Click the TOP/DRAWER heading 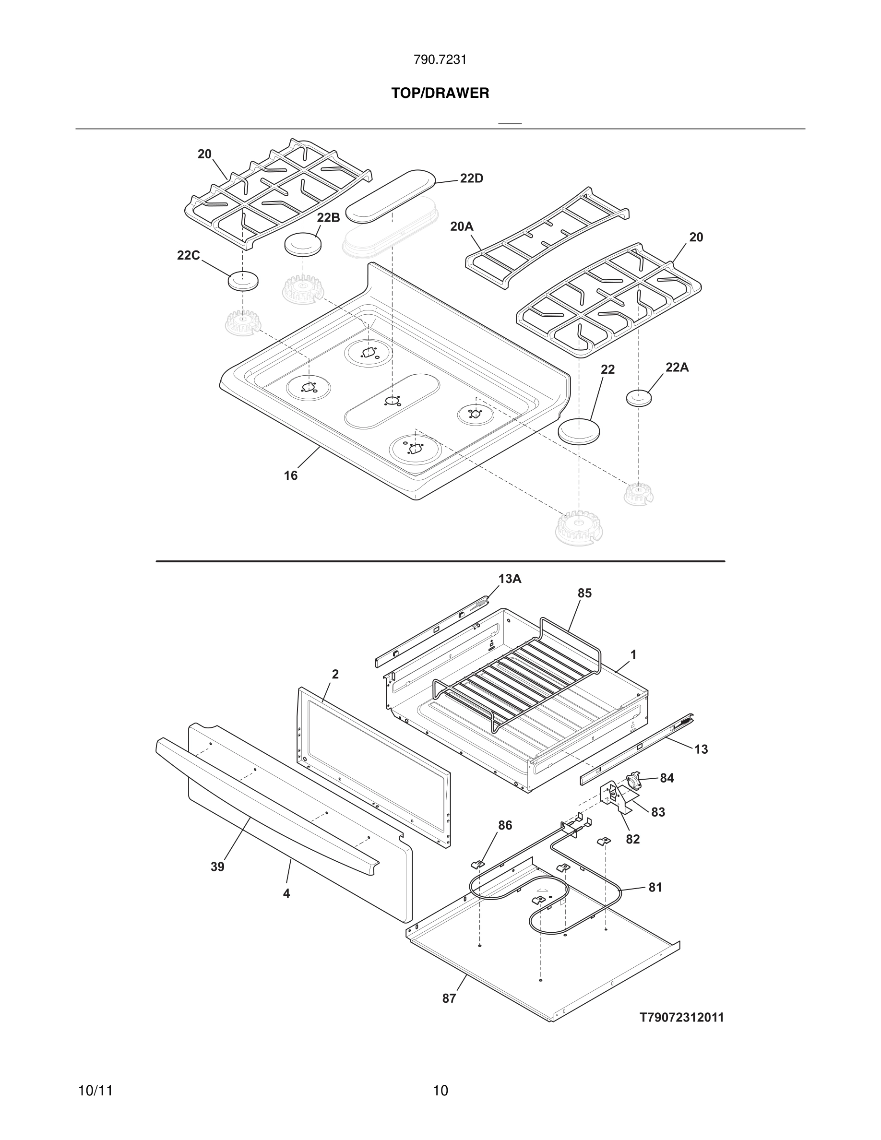coord(440,94)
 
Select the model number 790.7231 coord(440,60)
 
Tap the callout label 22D coord(471,178)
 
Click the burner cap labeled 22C coord(243,281)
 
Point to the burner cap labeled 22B coord(303,244)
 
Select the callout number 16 coord(291,475)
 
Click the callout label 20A coord(462,226)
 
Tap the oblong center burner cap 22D coord(391,194)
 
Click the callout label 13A coord(510,578)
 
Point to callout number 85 coord(584,593)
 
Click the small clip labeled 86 coord(477,865)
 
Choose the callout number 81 coord(655,887)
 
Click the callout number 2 coord(335,674)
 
